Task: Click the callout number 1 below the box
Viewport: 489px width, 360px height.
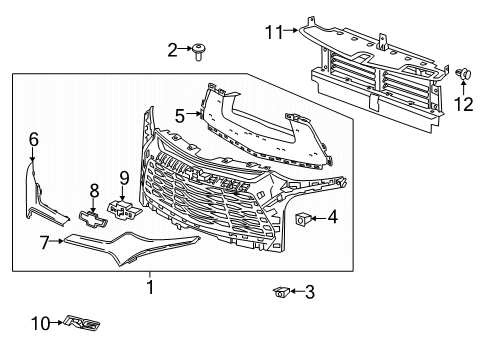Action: click(x=151, y=287)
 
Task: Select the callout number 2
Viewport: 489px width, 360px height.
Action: click(x=172, y=49)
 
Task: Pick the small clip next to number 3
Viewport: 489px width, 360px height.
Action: click(x=283, y=291)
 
